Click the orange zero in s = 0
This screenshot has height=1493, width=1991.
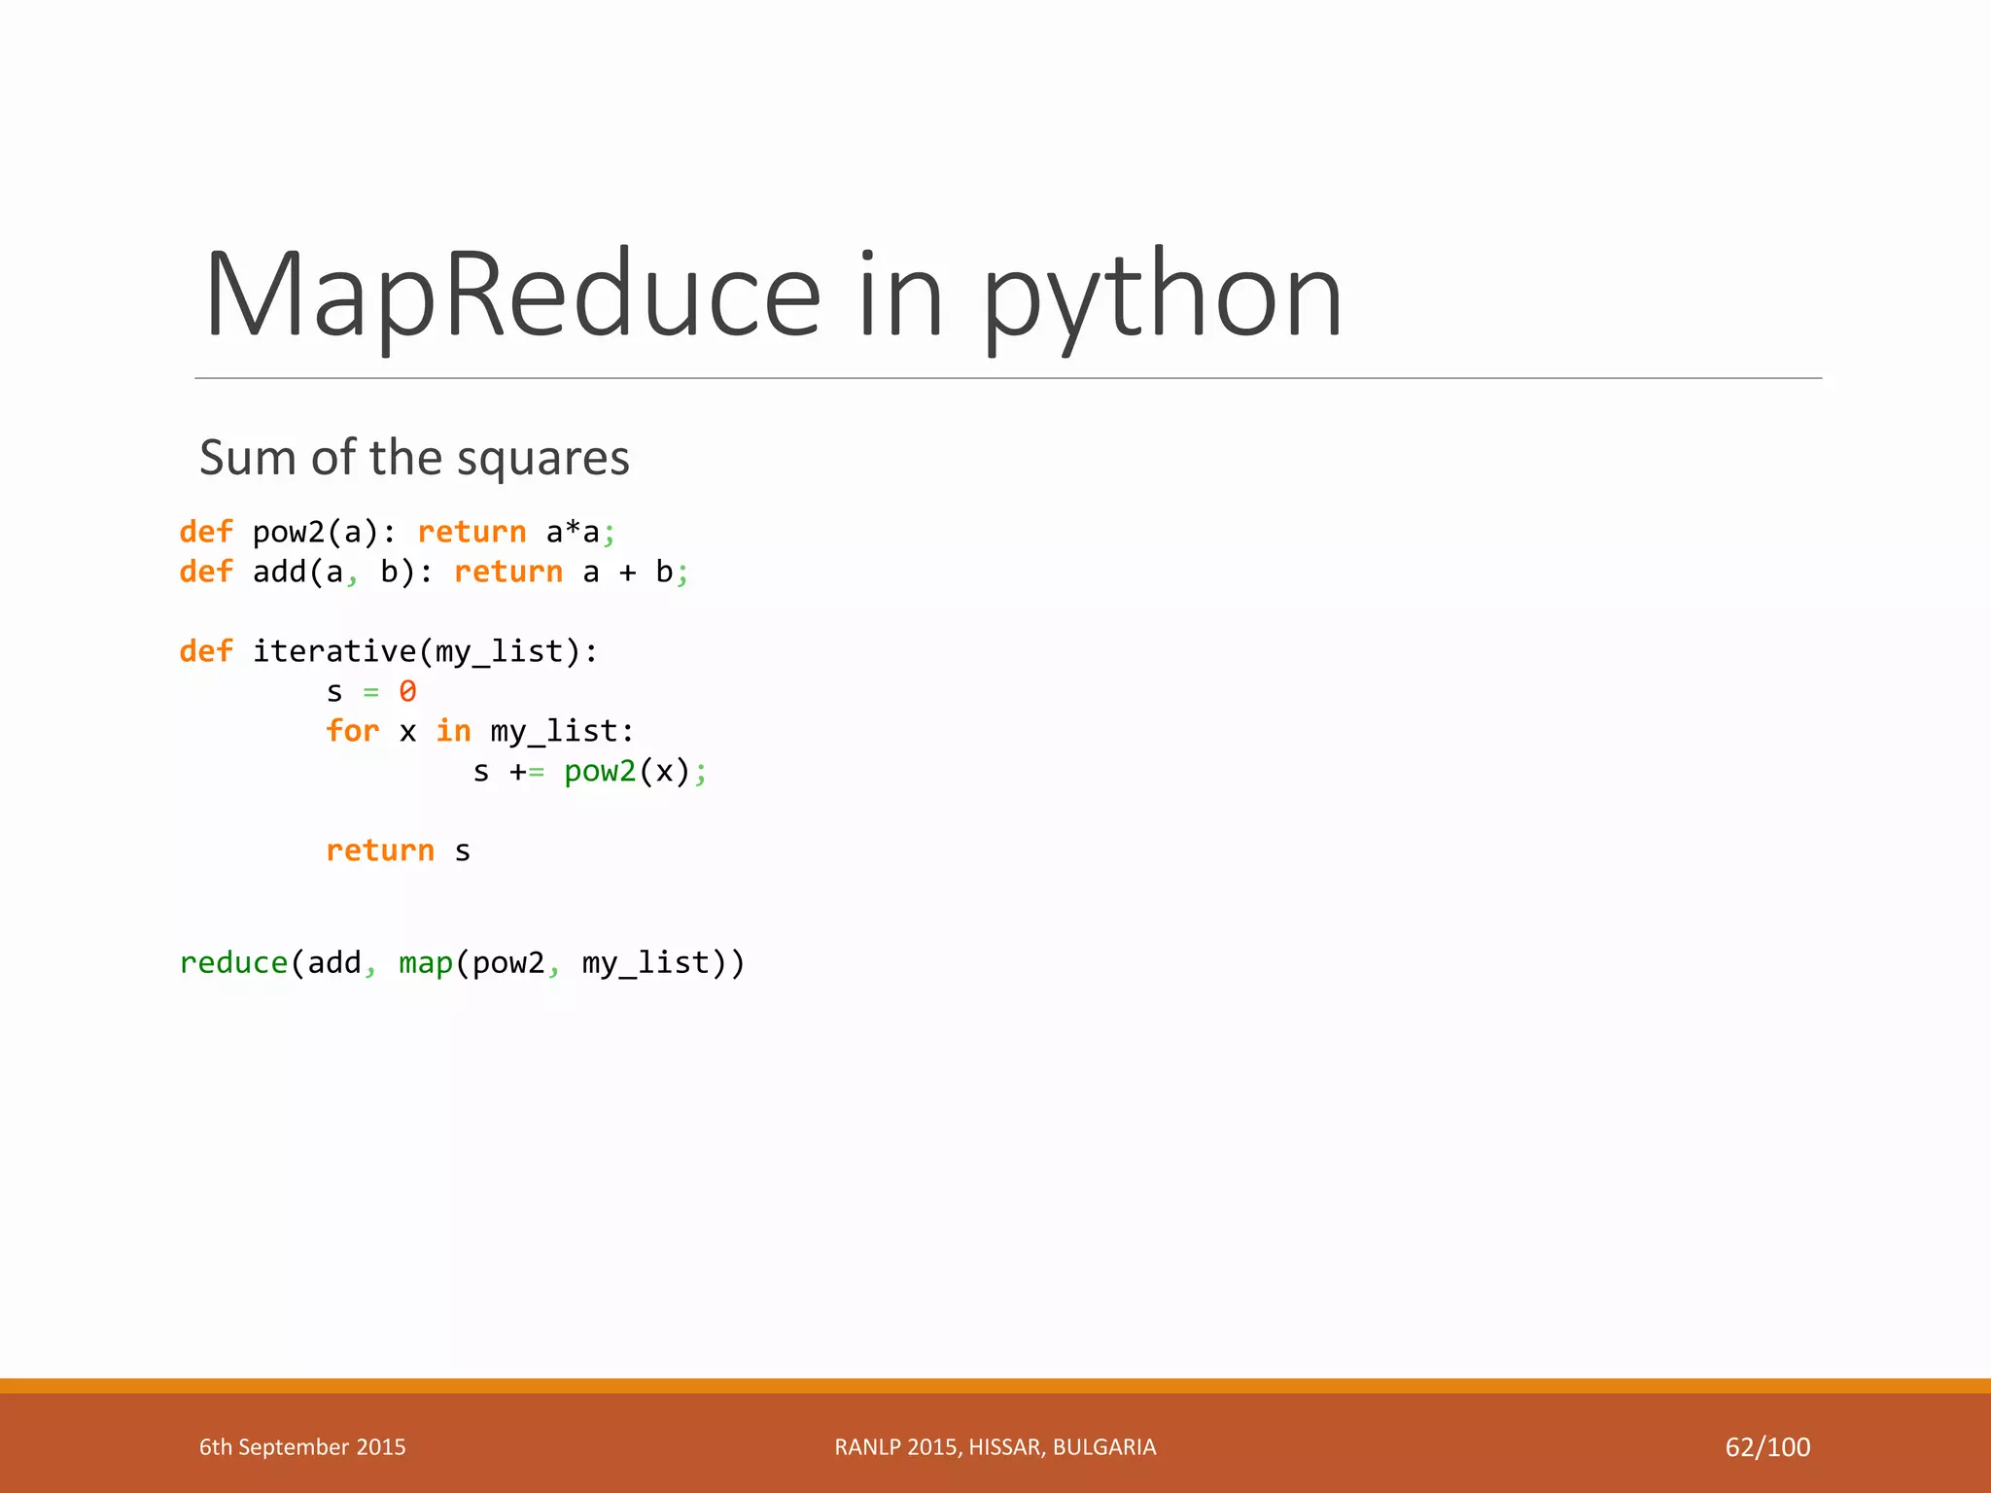pyautogui.click(x=407, y=691)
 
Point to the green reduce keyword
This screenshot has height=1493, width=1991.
pyautogui.click(x=233, y=962)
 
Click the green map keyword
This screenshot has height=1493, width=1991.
pyautogui.click(x=426, y=962)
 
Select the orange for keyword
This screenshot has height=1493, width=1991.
pyautogui.click(x=352, y=731)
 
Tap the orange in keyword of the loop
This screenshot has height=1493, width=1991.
pyautogui.click(x=453, y=731)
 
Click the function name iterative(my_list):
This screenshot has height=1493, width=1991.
pyautogui.click(x=425, y=651)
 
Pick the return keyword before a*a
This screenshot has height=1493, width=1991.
pyautogui.click(x=472, y=532)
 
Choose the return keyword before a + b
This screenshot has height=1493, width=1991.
pyautogui.click(x=508, y=572)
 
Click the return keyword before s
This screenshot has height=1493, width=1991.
pyautogui.click(x=380, y=851)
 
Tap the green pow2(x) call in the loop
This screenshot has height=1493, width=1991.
pyautogui.click(x=600, y=771)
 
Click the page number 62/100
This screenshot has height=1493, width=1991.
pyautogui.click(x=1767, y=1447)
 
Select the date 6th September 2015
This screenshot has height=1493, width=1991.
pyautogui.click(x=302, y=1447)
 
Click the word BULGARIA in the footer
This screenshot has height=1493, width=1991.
pyautogui.click(x=1104, y=1447)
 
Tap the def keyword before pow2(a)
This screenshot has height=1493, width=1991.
pyautogui.click(x=206, y=532)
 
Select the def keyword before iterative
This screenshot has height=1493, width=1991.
pyautogui.click(x=206, y=651)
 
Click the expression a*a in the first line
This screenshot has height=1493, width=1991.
pyautogui.click(x=573, y=532)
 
